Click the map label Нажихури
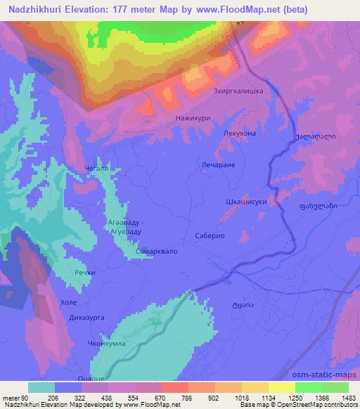(x=191, y=119)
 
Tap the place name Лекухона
(x=240, y=133)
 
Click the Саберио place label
(x=210, y=237)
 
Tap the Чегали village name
(x=96, y=169)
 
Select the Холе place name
(x=69, y=302)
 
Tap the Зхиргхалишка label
(x=238, y=91)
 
